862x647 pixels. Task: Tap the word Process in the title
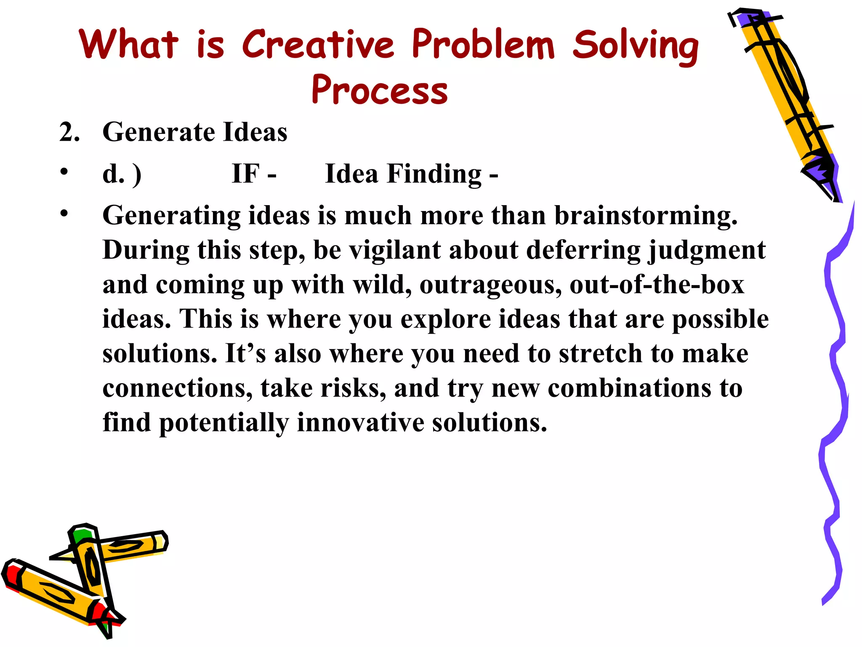[x=380, y=90]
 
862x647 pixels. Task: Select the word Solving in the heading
[x=636, y=45]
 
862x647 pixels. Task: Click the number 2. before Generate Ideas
[x=69, y=132]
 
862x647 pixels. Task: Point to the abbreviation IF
[x=246, y=174]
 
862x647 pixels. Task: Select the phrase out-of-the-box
[x=657, y=285]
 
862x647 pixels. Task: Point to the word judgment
[x=707, y=251]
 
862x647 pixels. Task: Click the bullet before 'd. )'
[x=64, y=171]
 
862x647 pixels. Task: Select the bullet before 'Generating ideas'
[x=64, y=213]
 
